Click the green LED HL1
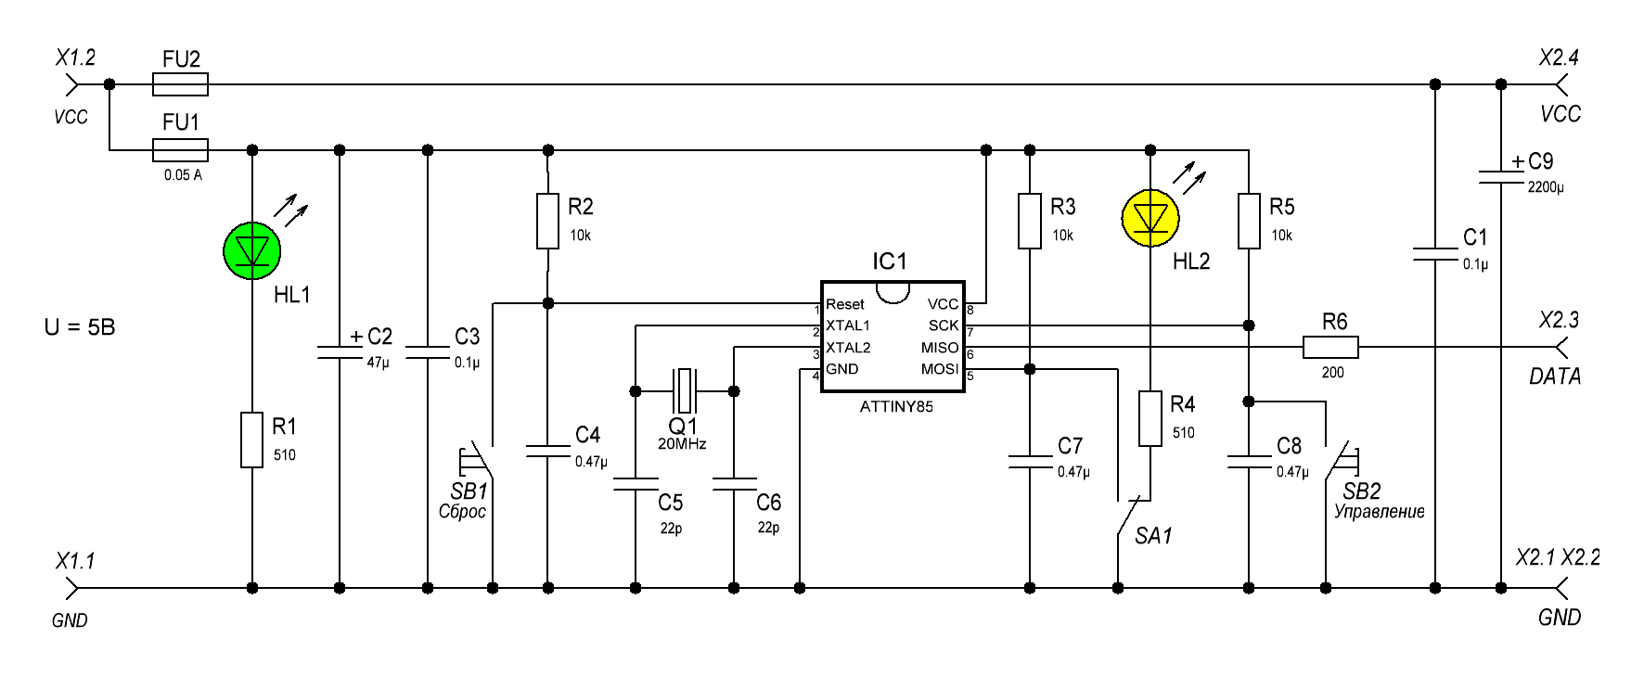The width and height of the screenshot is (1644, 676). click(252, 250)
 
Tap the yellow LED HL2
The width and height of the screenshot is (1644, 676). click(1150, 218)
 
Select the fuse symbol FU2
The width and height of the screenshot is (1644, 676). click(180, 84)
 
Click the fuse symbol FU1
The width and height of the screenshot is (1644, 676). click(180, 149)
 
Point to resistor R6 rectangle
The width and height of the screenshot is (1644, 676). click(1330, 348)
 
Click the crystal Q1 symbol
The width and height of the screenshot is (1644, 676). click(685, 390)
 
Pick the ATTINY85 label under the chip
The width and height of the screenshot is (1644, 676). click(896, 406)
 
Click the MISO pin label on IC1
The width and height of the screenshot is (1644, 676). click(940, 348)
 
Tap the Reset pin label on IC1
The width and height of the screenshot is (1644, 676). click(844, 304)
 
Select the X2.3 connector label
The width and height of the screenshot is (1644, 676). click(1559, 321)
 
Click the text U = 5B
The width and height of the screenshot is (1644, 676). click(80, 327)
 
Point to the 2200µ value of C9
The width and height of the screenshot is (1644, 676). click(1546, 187)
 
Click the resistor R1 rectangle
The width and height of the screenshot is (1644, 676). click(252, 440)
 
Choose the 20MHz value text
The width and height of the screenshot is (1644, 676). click(682, 444)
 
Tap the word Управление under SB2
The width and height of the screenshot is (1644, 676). click(1379, 512)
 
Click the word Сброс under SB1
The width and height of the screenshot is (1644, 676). click(462, 512)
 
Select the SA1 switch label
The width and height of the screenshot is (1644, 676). click(1153, 536)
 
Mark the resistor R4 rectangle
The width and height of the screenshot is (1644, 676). click(1150, 418)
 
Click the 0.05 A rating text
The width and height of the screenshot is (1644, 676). click(183, 174)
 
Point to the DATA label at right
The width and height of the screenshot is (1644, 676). click(1555, 376)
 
